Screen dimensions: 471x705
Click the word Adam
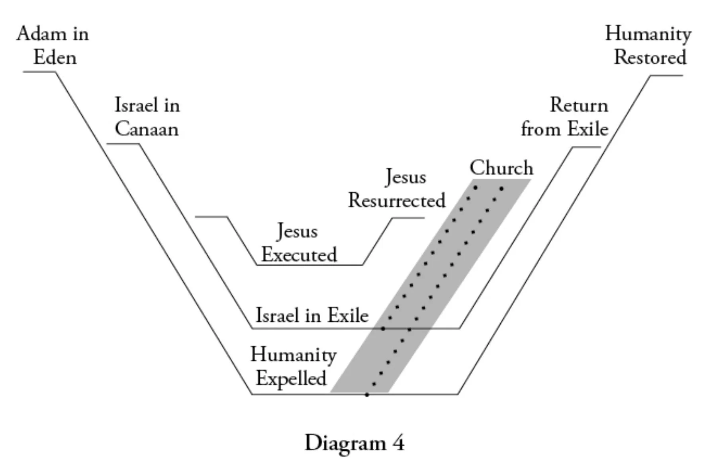[39, 34]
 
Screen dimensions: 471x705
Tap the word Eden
[55, 58]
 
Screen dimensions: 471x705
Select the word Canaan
[147, 129]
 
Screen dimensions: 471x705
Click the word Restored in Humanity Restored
[650, 58]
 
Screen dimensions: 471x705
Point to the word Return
[579, 106]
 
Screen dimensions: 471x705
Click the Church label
[501, 168]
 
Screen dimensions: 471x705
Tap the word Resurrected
[397, 200]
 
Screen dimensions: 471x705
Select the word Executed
[299, 255]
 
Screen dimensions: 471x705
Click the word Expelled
[291, 378]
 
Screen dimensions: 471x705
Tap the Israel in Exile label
[312, 315]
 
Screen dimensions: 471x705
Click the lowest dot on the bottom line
[367, 395]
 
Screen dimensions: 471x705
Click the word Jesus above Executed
[297, 231]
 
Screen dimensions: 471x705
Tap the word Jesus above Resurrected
[405, 177]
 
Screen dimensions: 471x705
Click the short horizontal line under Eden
[39, 72]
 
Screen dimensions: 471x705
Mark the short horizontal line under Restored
[667, 75]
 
